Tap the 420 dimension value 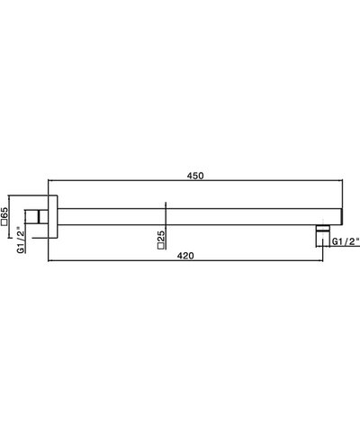point(185,256)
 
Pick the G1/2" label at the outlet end point(346,242)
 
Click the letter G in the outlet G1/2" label point(335,242)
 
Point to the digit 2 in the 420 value point(185,256)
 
